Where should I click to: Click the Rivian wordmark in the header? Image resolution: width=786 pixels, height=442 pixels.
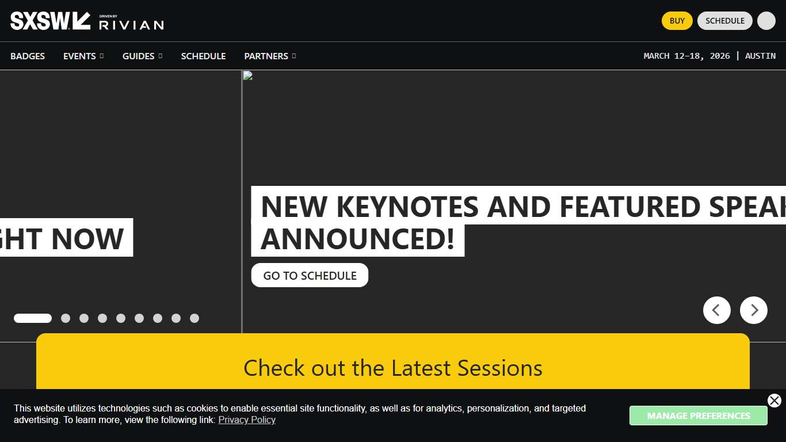[x=131, y=24]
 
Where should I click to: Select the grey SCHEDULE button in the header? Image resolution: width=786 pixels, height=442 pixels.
[x=724, y=21]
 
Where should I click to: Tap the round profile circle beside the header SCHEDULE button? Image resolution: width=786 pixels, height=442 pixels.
[x=766, y=21]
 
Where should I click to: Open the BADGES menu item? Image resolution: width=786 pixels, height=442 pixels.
[x=28, y=56]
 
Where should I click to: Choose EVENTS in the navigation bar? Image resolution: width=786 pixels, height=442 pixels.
[x=80, y=56]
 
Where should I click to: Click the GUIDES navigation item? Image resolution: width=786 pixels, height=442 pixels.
[x=139, y=56]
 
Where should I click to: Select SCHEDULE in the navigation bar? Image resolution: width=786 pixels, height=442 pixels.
[x=203, y=56]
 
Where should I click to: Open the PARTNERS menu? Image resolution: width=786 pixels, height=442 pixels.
[x=266, y=56]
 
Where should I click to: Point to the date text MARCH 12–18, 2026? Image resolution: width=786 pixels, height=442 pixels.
[x=686, y=56]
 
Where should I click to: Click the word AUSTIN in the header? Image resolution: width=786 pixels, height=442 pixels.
[x=760, y=56]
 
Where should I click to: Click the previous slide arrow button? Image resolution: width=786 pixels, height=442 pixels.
[x=716, y=310]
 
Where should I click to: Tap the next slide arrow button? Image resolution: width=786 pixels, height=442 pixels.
[x=753, y=310]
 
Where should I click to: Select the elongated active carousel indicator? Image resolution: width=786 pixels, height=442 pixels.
[x=33, y=318]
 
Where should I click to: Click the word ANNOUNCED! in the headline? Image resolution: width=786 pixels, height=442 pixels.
[x=357, y=239]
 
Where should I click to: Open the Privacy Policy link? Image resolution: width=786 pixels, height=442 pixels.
[x=247, y=420]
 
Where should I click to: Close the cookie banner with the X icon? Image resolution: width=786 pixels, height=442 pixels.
[x=774, y=401]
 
